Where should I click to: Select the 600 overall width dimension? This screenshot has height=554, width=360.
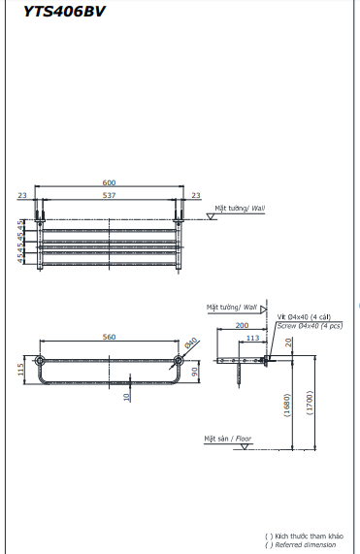[109, 182]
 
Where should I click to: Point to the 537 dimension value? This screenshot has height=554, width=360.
[109, 194]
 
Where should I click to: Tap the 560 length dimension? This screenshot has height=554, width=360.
[109, 337]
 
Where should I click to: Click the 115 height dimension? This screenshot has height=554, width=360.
[19, 369]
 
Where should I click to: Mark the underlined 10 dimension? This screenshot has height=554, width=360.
[126, 396]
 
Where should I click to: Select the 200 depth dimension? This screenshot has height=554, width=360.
[242, 327]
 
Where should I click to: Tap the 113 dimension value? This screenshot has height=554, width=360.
[252, 338]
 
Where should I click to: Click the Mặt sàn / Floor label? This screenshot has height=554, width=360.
[227, 439]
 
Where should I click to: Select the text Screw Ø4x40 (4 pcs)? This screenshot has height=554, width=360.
[310, 326]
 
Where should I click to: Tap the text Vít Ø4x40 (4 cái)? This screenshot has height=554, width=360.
[306, 317]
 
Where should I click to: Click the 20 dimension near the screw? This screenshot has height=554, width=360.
[290, 346]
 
